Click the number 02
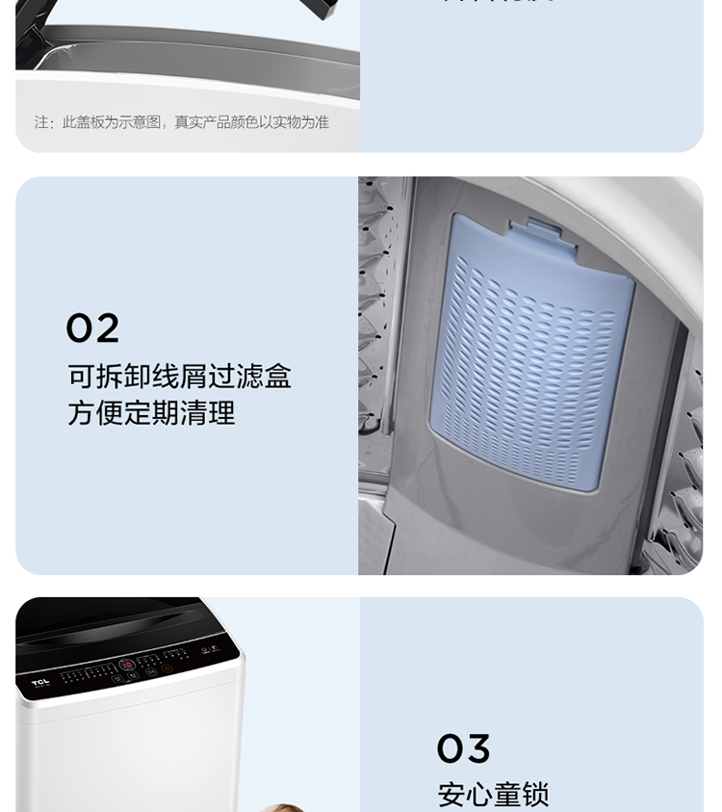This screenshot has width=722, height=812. click(92, 328)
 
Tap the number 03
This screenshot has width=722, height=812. click(463, 748)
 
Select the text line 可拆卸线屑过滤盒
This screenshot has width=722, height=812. click(179, 376)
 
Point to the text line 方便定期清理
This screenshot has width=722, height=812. click(151, 413)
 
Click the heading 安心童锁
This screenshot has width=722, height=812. click(493, 795)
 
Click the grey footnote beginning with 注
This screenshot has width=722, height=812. click(181, 122)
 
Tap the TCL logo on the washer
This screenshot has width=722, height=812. click(39, 682)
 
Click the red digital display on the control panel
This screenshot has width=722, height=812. click(126, 666)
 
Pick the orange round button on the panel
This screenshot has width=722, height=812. click(167, 668)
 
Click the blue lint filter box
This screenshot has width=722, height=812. click(532, 352)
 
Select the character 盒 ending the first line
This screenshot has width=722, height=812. click(277, 376)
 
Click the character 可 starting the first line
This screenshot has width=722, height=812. click(81, 376)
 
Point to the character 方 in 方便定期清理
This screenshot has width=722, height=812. click(81, 413)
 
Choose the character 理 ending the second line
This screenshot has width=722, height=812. click(221, 413)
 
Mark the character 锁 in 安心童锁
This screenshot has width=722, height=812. click(535, 795)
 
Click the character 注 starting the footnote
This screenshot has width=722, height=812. click(41, 122)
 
